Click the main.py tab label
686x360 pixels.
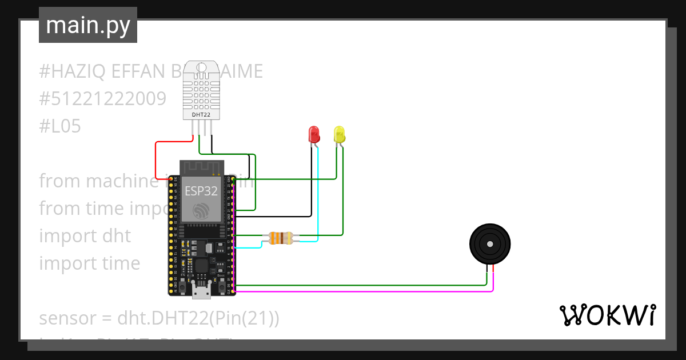pyautogui.click(x=87, y=25)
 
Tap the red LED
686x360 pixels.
pyautogui.click(x=314, y=134)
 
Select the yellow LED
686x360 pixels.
pyautogui.click(x=340, y=134)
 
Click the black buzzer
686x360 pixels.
pyautogui.click(x=490, y=245)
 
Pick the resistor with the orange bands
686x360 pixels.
pyautogui.click(x=280, y=238)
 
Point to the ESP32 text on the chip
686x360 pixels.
pyautogui.click(x=201, y=191)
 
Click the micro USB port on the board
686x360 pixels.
pyautogui.click(x=201, y=292)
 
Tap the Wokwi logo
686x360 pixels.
pyautogui.click(x=607, y=315)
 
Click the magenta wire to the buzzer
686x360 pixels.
pyautogui.click(x=366, y=291)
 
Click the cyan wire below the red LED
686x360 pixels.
pyautogui.click(x=317, y=194)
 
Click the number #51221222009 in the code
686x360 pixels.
pyautogui.click(x=102, y=99)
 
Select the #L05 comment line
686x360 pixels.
pyautogui.click(x=60, y=126)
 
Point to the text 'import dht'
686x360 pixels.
pyautogui.click(x=85, y=235)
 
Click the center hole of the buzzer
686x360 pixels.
pyautogui.click(x=490, y=244)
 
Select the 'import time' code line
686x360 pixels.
pyautogui.click(x=89, y=263)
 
